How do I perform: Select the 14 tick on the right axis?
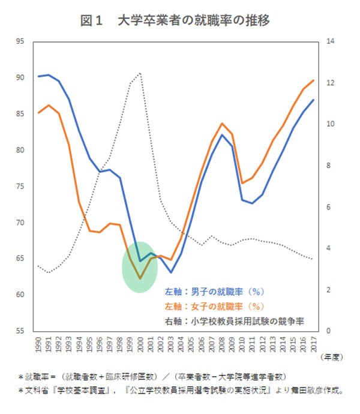coord(329,41)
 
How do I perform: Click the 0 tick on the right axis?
coord(328,331)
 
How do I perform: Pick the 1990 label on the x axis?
coord(38,345)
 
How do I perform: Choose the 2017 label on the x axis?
coord(313,345)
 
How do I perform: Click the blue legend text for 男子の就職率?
coord(214,292)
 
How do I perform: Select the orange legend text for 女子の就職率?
coord(214,307)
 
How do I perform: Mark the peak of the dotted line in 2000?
coord(140,73)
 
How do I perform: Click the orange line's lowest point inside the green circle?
coord(140,278)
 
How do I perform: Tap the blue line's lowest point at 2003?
coord(170,272)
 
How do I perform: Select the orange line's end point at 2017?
coord(313,80)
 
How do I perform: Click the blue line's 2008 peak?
coord(221,134)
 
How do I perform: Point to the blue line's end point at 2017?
coord(313,100)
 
